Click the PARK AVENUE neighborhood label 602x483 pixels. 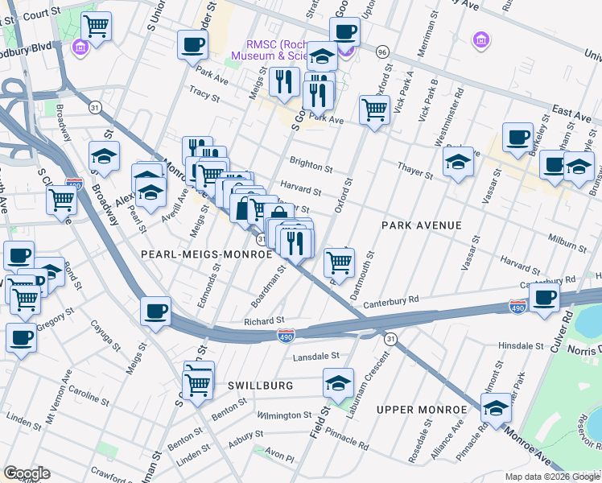[x=422, y=225]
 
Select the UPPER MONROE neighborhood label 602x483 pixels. [x=422, y=410]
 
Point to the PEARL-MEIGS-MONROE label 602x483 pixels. [x=207, y=254]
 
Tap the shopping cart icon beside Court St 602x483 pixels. [x=96, y=26]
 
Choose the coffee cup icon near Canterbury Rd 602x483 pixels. [x=545, y=297]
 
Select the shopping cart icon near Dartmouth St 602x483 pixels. [x=339, y=261]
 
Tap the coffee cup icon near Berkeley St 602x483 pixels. [x=517, y=136]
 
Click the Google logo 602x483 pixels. [x=26, y=473]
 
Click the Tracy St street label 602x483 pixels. [x=204, y=95]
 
